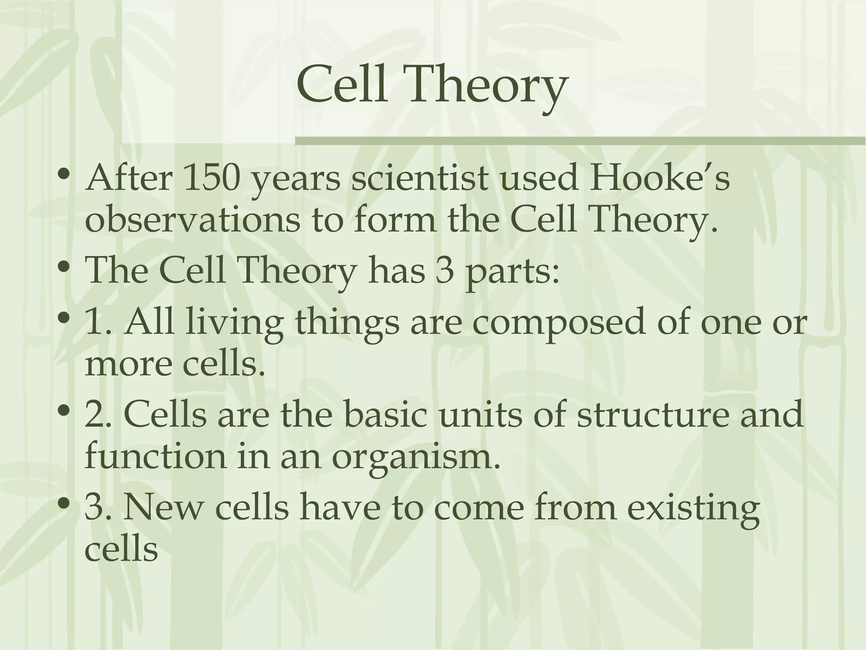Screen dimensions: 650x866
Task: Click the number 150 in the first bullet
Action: [x=212, y=178]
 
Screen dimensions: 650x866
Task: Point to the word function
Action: [x=156, y=457]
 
